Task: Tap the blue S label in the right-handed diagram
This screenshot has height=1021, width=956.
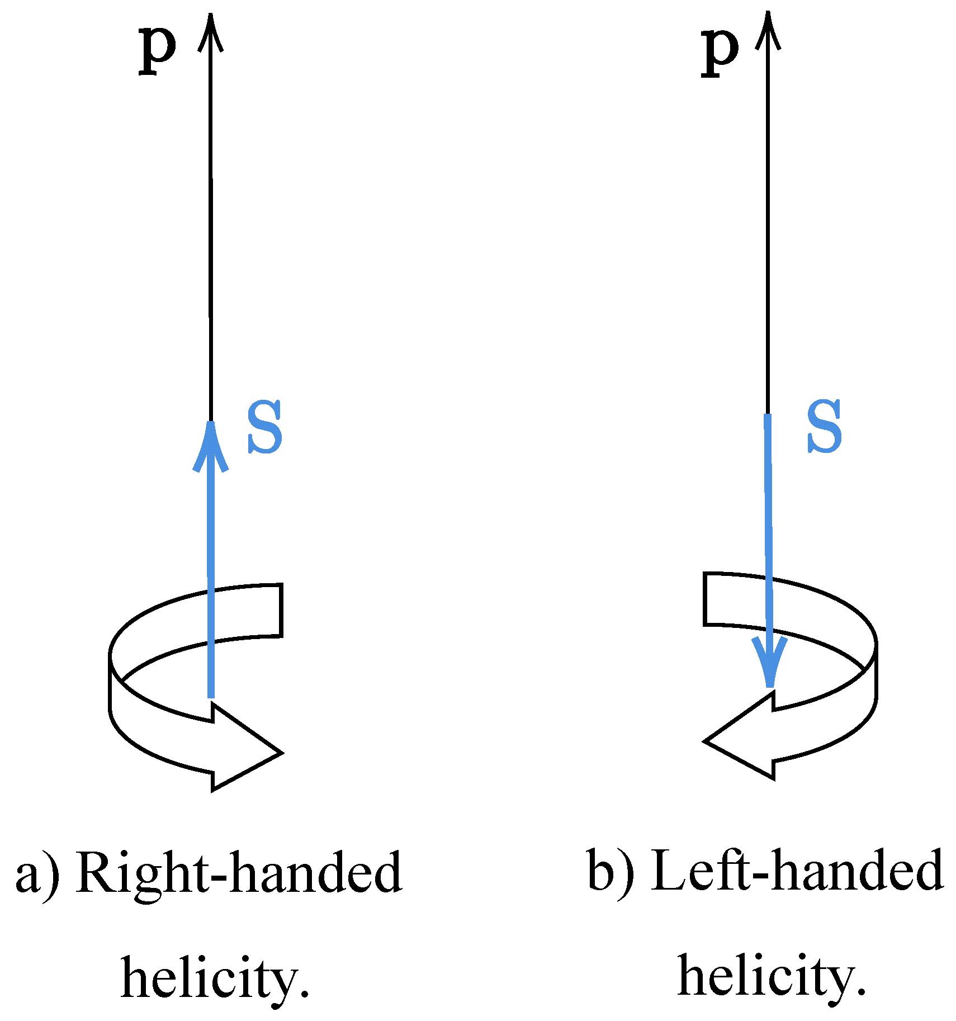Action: (265, 427)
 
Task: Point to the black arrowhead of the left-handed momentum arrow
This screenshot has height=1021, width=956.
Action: (768, 28)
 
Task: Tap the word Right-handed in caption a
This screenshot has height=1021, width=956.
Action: (239, 873)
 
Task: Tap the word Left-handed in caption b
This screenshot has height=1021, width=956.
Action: (797, 870)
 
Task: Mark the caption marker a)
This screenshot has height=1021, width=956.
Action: (37, 875)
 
